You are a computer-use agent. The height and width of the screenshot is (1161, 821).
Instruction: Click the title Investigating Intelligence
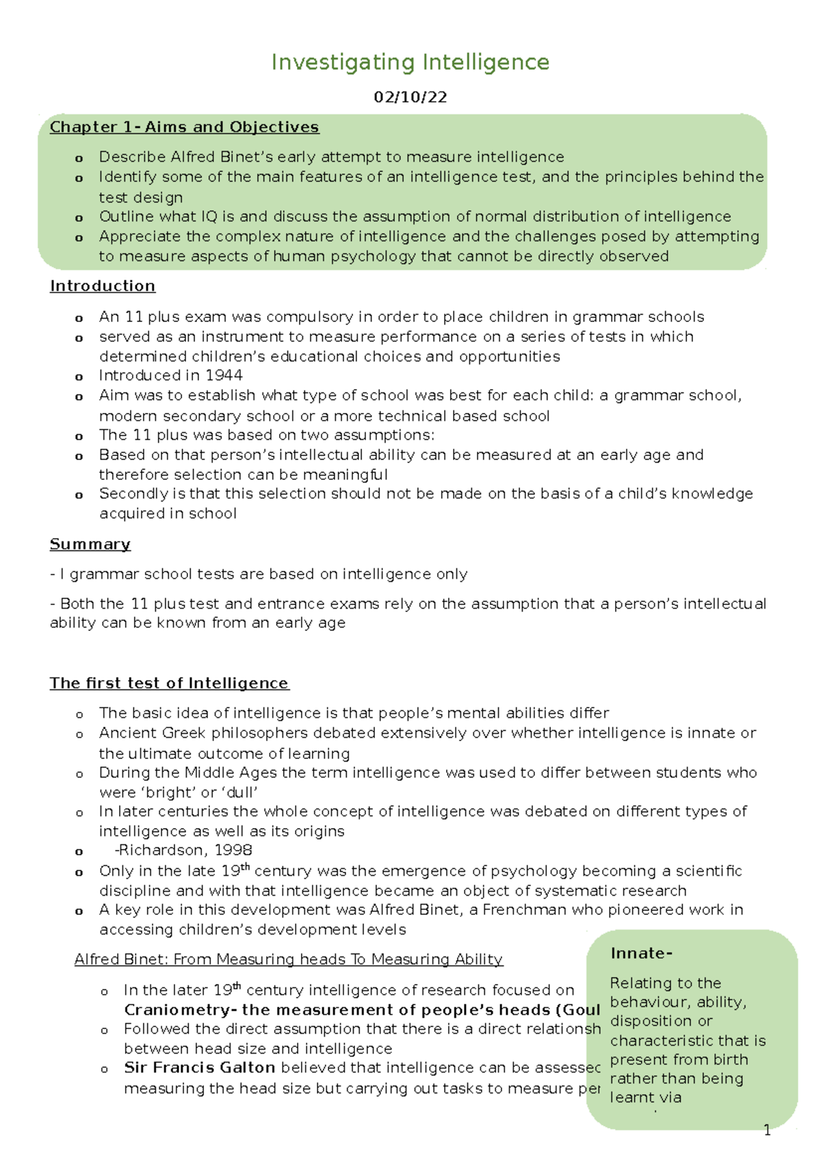(x=410, y=62)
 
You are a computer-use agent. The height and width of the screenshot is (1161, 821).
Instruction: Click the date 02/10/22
(x=410, y=97)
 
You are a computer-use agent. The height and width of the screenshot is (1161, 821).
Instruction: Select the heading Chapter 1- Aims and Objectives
(x=184, y=127)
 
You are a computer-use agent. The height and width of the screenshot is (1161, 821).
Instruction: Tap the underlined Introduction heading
(x=103, y=286)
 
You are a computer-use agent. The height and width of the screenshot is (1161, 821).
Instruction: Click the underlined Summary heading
(x=90, y=544)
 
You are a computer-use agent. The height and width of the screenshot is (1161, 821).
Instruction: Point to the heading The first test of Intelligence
(x=169, y=683)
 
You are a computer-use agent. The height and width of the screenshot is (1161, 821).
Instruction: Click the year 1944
(x=223, y=375)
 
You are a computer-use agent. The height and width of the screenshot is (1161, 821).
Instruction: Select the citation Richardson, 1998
(x=184, y=850)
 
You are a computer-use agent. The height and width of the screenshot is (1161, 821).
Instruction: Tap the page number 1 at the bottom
(x=767, y=1130)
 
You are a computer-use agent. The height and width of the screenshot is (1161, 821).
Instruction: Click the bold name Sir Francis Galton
(x=199, y=1068)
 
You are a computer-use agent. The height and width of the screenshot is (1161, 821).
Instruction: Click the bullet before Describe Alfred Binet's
(x=79, y=159)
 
